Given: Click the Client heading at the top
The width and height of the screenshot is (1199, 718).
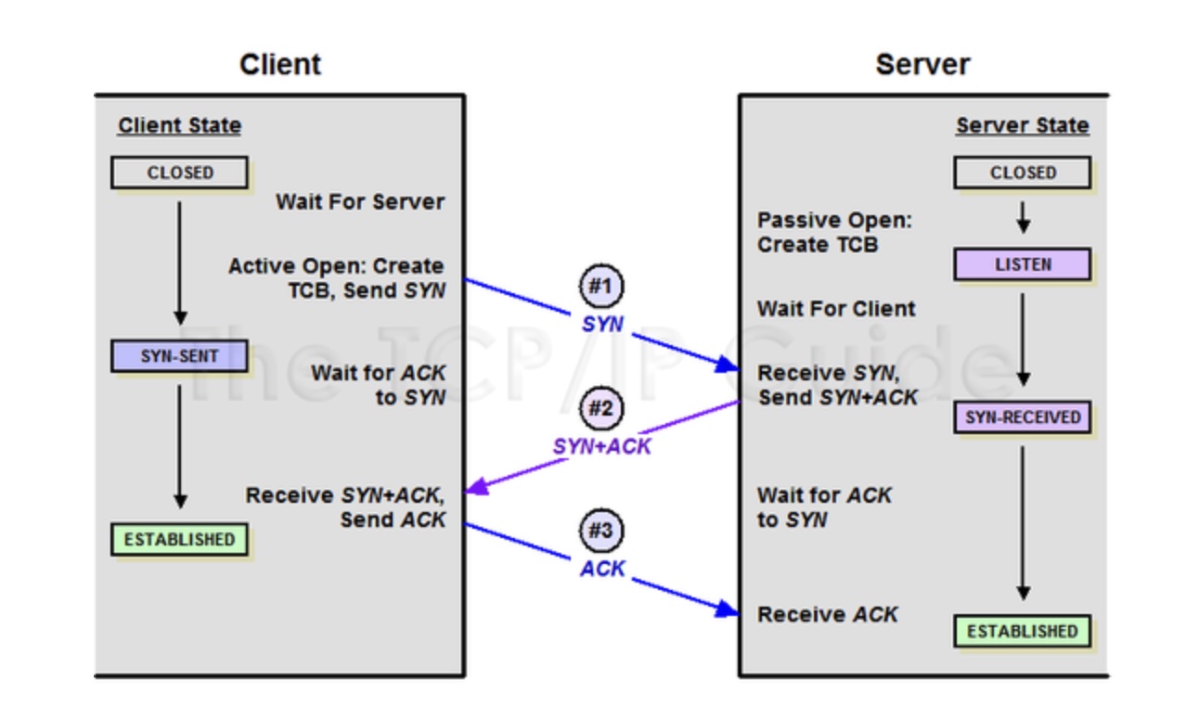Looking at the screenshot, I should click(279, 64).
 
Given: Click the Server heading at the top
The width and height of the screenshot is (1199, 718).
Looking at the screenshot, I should click(922, 64).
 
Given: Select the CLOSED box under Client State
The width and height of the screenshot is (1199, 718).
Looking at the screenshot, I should click(179, 173).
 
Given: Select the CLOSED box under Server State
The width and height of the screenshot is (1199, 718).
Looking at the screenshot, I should click(1022, 173).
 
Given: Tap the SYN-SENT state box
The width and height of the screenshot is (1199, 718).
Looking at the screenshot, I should click(179, 356).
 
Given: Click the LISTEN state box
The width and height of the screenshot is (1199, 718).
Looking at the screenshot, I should click(1022, 264).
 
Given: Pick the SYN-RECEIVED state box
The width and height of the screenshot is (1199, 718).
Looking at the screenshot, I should click(1022, 417).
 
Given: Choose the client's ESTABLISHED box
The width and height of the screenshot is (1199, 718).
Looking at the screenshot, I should click(179, 539).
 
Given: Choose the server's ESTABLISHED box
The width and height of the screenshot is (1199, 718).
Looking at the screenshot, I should click(1022, 632).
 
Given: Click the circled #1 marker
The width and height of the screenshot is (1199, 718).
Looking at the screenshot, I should click(601, 286).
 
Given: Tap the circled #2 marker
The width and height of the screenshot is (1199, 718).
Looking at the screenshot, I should click(601, 409).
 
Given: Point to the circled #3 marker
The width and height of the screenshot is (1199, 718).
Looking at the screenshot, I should click(601, 532).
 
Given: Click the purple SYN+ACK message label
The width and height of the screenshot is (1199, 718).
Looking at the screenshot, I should click(601, 446).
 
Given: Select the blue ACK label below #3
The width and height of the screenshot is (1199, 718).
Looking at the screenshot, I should click(602, 569).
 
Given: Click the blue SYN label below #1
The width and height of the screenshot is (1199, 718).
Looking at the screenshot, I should click(602, 324).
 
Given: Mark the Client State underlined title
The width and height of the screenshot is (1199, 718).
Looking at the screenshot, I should click(179, 126).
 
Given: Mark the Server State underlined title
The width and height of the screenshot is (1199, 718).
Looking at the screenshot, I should click(1022, 126).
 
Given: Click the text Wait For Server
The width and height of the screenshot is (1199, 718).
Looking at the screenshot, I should click(360, 201).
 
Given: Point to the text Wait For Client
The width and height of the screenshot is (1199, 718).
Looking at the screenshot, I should click(836, 308).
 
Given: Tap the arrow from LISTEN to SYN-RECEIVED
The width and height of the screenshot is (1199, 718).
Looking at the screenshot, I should click(1023, 339).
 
